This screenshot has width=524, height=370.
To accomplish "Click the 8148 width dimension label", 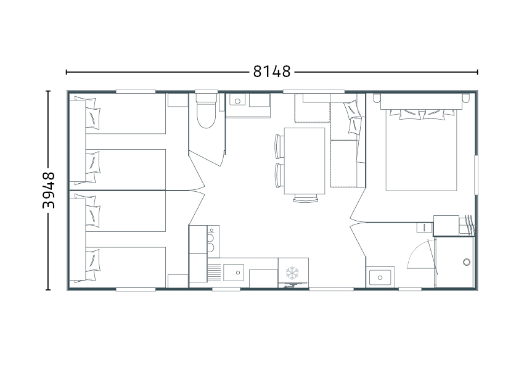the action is coord(272,72).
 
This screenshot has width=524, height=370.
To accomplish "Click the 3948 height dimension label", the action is coord(49,190).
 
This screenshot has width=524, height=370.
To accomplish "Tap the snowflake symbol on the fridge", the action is coord(292,273).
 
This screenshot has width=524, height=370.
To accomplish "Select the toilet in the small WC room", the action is coord(206,111).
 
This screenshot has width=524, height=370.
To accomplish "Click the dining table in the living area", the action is coord(305,161).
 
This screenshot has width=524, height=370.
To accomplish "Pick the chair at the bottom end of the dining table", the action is coord(306,198).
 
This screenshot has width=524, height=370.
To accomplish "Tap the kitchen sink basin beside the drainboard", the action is coord(234,273).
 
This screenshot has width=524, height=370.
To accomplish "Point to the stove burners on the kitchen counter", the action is coord(211,239).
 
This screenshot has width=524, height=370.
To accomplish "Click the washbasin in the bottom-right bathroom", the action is coord(380,277).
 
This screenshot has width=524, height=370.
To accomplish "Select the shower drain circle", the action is coord(467,262).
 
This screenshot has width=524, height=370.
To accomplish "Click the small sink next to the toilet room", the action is coord(237,101).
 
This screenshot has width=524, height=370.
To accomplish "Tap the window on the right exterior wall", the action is coord(476,175).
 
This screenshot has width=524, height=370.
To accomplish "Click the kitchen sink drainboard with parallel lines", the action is coord(215,273).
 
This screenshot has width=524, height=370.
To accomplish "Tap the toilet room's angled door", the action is coord(206,157).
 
